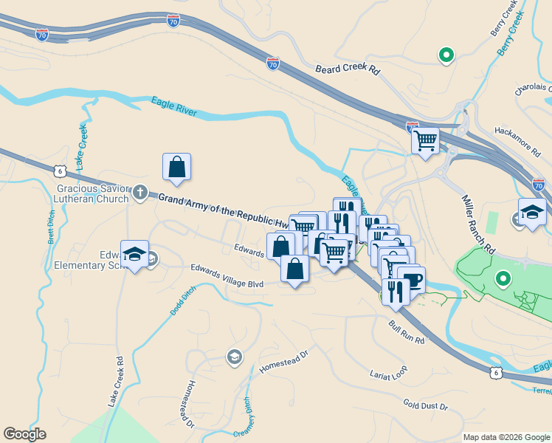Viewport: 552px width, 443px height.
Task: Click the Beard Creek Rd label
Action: point(347,70)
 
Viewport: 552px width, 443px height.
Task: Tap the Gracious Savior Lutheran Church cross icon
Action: point(141,193)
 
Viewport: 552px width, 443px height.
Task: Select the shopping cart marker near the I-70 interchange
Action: point(425,140)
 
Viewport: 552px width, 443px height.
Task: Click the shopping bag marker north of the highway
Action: point(177,167)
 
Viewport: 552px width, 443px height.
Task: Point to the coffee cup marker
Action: point(412,281)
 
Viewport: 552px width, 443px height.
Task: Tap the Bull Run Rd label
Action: point(407,332)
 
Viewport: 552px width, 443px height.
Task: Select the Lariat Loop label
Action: point(388,374)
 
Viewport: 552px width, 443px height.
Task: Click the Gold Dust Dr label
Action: point(426,405)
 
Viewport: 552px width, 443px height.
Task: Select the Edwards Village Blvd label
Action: point(227,275)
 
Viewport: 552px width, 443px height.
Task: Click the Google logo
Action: point(24,434)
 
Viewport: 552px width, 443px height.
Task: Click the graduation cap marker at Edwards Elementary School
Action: point(134,254)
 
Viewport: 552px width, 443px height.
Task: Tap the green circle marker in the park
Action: point(503,279)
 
